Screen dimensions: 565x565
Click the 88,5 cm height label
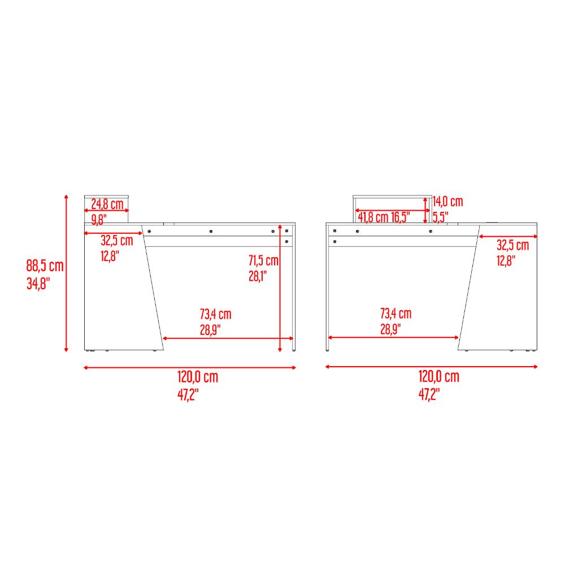pyautogui.click(x=45, y=266)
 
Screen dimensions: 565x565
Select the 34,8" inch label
pyautogui.click(x=38, y=284)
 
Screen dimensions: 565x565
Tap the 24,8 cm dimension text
pyautogui.click(x=107, y=204)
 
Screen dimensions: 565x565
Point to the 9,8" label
pyautogui.click(x=99, y=219)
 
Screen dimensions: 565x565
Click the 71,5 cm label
pyautogui.click(x=263, y=260)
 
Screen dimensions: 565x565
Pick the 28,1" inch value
pyautogui.click(x=258, y=276)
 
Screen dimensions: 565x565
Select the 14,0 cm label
pyautogui.click(x=448, y=202)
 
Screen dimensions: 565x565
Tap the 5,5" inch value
pyautogui.click(x=440, y=217)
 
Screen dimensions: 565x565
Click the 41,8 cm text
pyautogui.click(x=373, y=218)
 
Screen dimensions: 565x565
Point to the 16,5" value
pyautogui.click(x=401, y=218)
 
